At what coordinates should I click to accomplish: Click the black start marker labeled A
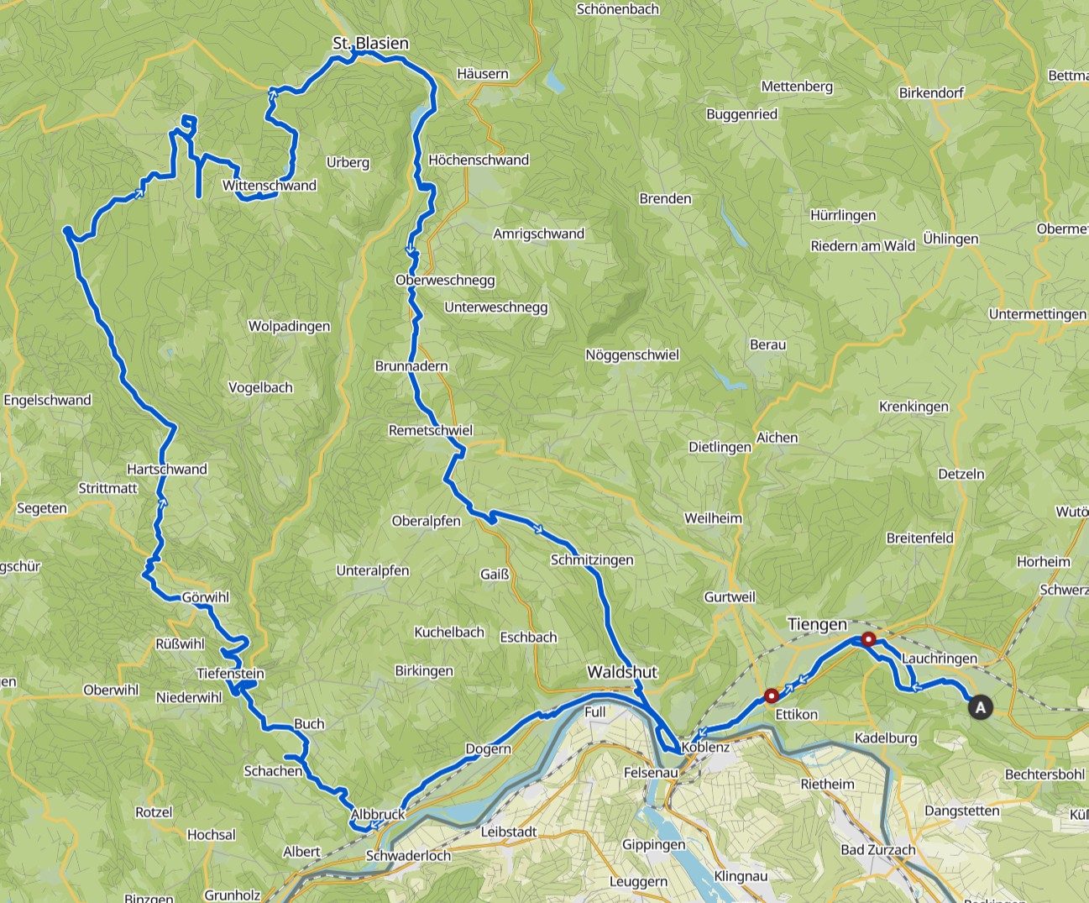(x=980, y=707)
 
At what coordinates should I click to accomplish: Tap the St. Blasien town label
(x=370, y=43)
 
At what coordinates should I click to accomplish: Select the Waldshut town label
(x=622, y=672)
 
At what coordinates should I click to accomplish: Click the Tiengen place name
(x=817, y=624)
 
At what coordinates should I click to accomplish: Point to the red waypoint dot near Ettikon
(x=772, y=696)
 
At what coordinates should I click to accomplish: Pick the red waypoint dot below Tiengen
(x=869, y=639)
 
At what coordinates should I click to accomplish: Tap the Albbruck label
(x=378, y=814)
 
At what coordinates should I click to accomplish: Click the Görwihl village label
(x=206, y=597)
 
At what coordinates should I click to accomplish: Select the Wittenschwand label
(x=269, y=186)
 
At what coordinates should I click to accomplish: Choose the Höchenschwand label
(x=479, y=160)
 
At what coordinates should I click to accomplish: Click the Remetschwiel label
(x=431, y=430)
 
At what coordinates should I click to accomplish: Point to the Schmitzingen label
(x=592, y=559)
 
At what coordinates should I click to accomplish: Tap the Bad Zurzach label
(x=878, y=849)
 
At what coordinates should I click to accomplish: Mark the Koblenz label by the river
(x=705, y=747)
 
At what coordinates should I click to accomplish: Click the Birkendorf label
(x=931, y=92)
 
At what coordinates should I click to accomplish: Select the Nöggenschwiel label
(x=632, y=354)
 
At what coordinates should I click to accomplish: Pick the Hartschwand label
(x=167, y=469)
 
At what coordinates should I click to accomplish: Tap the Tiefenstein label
(x=230, y=673)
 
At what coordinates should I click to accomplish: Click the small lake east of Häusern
(x=554, y=81)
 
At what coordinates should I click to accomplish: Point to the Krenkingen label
(x=914, y=407)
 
